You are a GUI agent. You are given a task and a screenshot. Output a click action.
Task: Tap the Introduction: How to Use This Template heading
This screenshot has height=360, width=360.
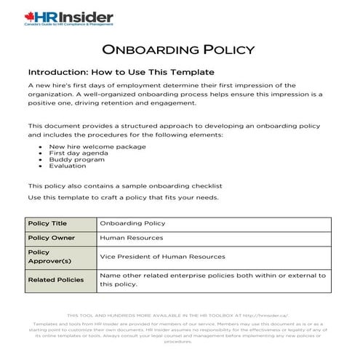click(121, 73)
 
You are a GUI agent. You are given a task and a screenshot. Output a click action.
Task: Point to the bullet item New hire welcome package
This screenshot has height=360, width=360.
click(97, 146)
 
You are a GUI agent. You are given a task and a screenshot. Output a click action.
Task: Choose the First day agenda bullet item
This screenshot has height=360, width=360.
click(80, 153)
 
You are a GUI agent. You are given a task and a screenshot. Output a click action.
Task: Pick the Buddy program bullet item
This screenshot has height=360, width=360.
click(76, 159)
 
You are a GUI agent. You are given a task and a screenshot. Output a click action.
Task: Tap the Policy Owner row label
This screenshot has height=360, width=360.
click(49, 238)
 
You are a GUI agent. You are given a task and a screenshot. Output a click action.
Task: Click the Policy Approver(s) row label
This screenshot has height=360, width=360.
click(50, 257)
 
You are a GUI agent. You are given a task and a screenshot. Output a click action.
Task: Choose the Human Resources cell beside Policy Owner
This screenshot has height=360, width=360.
click(132, 238)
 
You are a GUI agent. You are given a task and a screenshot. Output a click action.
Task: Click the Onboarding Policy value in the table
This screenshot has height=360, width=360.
click(132, 223)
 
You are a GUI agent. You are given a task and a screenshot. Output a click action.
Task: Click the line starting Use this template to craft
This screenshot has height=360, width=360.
click(122, 197)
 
